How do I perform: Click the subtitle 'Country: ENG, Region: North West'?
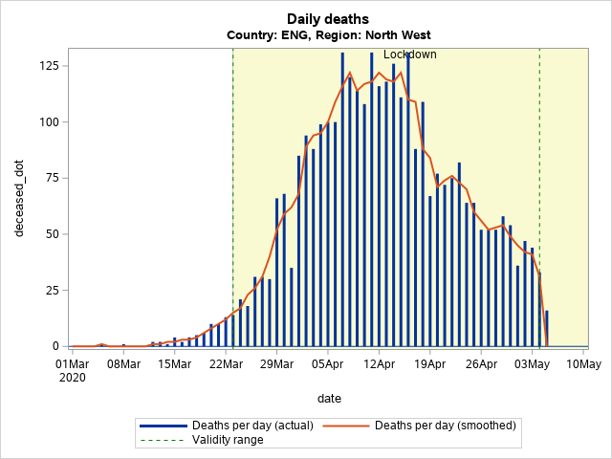pyautogui.click(x=328, y=35)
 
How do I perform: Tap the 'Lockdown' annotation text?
pyautogui.click(x=409, y=55)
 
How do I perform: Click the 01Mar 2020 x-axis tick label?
pyautogui.click(x=72, y=370)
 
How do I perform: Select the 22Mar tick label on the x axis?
pyautogui.click(x=226, y=363)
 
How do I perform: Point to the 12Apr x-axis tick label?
pyautogui.click(x=379, y=363)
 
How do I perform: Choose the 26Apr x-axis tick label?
pyautogui.click(x=481, y=363)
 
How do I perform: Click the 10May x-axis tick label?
pyautogui.click(x=583, y=363)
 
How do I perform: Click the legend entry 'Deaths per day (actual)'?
pyautogui.click(x=239, y=425)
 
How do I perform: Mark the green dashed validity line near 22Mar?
pyautogui.click(x=233, y=191)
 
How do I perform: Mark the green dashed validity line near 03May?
pyautogui.click(x=539, y=191)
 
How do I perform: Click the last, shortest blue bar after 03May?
pyautogui.click(x=547, y=328)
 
